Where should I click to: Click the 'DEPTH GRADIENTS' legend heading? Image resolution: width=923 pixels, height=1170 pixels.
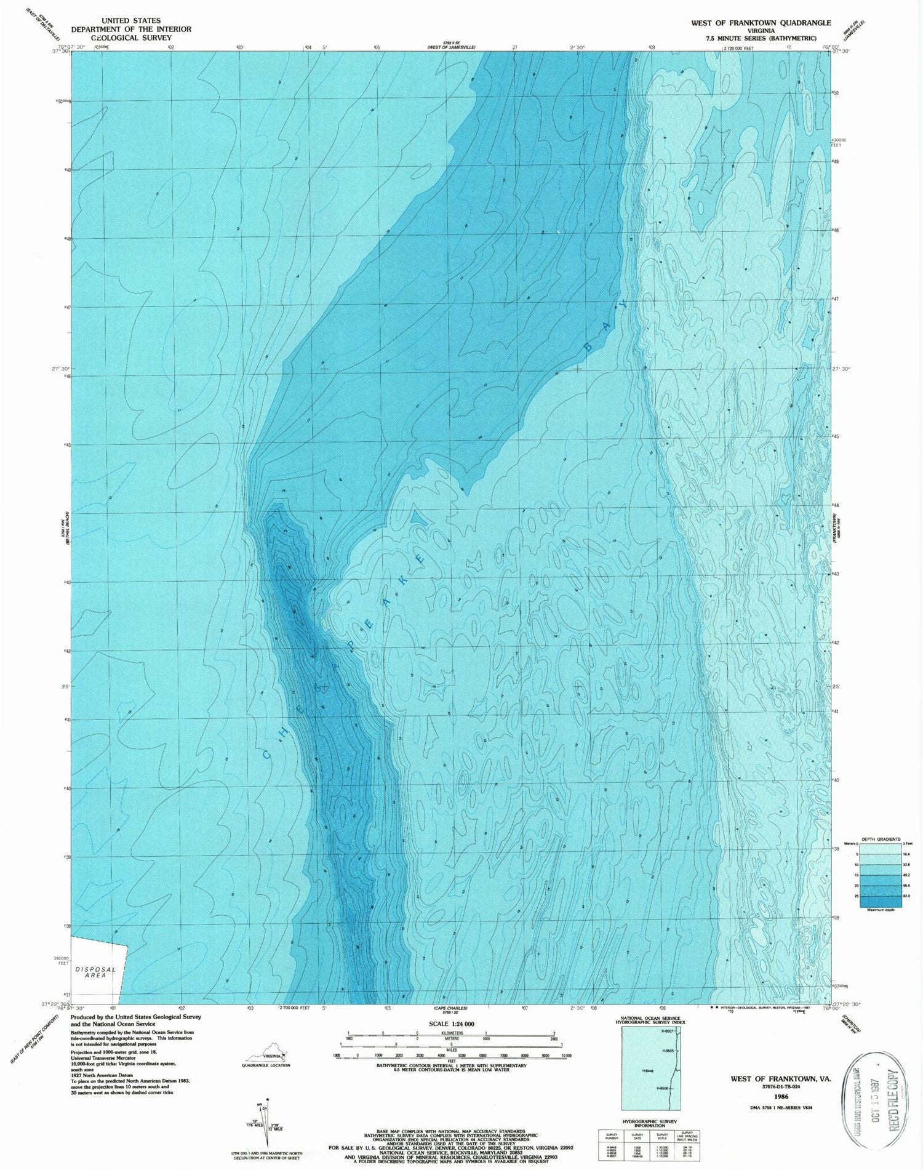click(880, 839)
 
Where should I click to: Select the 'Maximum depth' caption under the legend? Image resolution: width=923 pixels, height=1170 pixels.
click(880, 910)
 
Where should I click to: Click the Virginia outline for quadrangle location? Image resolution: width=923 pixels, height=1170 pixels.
click(266, 1052)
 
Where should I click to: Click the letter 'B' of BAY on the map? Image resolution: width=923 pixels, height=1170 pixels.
click(588, 347)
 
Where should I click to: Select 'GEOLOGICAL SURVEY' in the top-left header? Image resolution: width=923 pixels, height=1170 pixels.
click(131, 38)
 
